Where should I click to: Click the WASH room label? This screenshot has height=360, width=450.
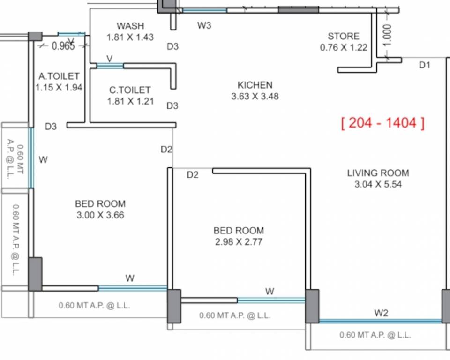tap(130, 26)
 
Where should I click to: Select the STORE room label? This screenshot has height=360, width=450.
tap(344, 36)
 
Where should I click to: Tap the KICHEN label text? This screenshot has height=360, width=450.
tap(255, 85)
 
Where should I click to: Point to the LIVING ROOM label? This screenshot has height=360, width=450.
tap(378, 173)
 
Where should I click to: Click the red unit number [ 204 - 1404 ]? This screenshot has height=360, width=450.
tap(383, 123)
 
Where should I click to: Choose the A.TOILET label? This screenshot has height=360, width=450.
tap(59, 76)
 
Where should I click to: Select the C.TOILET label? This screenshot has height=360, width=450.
tap(130, 90)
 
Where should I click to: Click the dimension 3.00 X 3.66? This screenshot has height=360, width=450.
tap(100, 215)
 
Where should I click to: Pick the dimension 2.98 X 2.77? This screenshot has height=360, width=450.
tap(239, 242)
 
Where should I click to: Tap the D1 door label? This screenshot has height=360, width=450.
tap(424, 65)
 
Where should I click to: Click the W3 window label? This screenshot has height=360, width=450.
tap(204, 25)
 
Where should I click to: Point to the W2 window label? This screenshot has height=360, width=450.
tap(381, 313)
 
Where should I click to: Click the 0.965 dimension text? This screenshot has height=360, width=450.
tap(63, 46)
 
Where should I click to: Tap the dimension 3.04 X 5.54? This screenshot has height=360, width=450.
tap(378, 184)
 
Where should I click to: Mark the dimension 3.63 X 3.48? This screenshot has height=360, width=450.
tap(255, 97)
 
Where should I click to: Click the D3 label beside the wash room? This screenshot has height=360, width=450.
tap(173, 46)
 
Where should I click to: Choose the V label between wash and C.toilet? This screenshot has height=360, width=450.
tap(110, 58)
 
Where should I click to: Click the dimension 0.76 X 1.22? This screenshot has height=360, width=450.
tap(344, 47)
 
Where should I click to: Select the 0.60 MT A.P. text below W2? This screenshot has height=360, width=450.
tap(375, 335)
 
